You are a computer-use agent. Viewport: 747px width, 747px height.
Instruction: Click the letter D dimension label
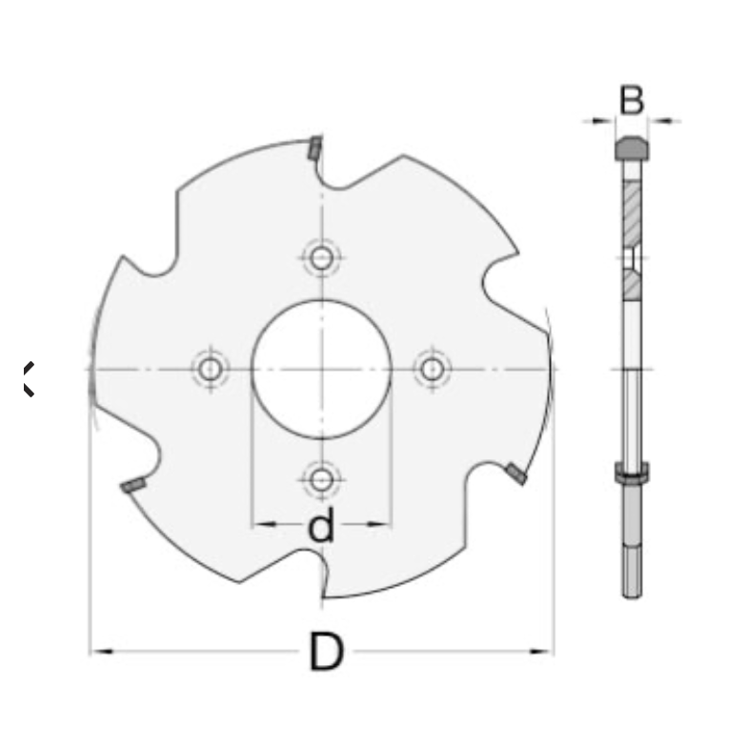[326, 652]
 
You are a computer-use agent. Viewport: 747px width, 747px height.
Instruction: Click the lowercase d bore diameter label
[321, 525]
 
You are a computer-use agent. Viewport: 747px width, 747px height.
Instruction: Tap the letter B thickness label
[631, 100]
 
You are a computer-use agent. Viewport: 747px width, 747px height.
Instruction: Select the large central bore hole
[322, 370]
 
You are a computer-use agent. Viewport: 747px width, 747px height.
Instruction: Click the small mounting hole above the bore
[322, 257]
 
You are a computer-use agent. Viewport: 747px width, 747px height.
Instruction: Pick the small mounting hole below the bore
[322, 480]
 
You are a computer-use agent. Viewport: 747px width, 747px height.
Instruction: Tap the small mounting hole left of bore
[210, 370]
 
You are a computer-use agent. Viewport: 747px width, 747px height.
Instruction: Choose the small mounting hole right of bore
[433, 370]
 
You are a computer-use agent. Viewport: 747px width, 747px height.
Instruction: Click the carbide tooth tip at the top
[314, 147]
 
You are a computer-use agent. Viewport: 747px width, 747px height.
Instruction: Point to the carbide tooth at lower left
[133, 485]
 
